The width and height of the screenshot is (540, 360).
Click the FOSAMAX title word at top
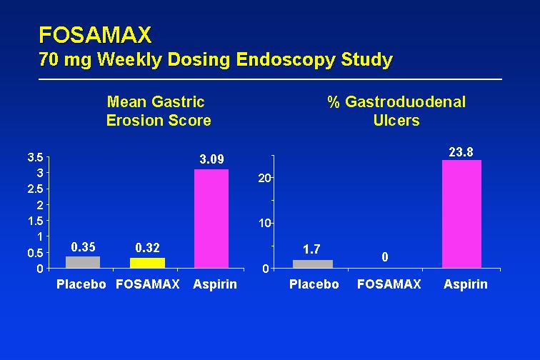coord(95,35)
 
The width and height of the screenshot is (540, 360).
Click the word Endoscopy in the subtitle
coord(286,60)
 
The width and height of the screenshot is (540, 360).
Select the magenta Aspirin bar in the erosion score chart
coord(211,219)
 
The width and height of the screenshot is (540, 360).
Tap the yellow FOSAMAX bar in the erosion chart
coord(147,263)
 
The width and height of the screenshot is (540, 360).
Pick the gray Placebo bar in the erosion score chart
coord(83,262)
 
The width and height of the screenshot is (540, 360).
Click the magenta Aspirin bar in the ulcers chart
coord(461,214)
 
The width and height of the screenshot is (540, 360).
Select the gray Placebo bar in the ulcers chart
coord(313,264)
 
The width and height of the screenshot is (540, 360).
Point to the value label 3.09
coord(212,159)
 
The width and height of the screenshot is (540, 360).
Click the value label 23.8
coord(461,152)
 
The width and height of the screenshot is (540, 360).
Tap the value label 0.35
coord(83,247)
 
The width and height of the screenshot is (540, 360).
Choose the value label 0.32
coord(147,248)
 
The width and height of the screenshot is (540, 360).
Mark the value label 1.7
coord(311,249)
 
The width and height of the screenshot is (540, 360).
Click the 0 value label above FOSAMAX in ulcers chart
coord(385,256)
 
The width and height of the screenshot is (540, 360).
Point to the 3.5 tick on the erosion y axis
coord(36,157)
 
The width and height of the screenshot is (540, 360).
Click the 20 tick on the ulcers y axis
coord(265,178)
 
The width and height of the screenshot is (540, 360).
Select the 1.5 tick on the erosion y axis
coord(36,221)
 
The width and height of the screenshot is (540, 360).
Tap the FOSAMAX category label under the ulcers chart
coord(389,284)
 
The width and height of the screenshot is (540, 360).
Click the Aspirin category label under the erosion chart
coord(215,284)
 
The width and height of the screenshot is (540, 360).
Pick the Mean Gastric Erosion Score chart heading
coord(158,111)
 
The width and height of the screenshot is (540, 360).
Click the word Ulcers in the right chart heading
coord(396,120)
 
